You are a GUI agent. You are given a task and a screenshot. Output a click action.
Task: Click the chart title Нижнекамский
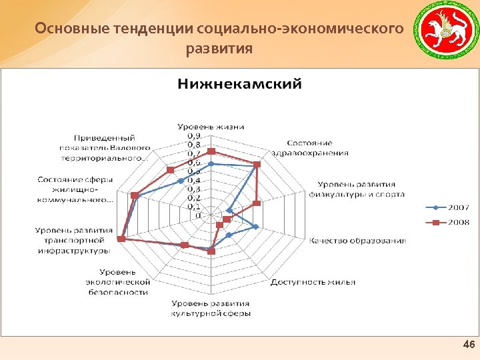tap(239, 85)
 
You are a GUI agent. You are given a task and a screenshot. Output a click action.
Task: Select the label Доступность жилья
tap(313, 281)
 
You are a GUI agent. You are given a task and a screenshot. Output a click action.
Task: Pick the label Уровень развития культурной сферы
tap(211, 309)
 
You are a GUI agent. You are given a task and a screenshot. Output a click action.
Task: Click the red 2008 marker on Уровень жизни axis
tap(211, 151)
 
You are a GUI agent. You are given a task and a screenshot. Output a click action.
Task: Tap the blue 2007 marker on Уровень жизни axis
tap(211, 163)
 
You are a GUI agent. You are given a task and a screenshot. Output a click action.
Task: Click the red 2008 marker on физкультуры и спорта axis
tap(257, 203)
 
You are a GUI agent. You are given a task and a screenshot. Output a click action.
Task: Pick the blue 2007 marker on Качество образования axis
tap(256, 227)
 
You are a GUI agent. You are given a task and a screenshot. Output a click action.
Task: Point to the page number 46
tap(469, 345)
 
